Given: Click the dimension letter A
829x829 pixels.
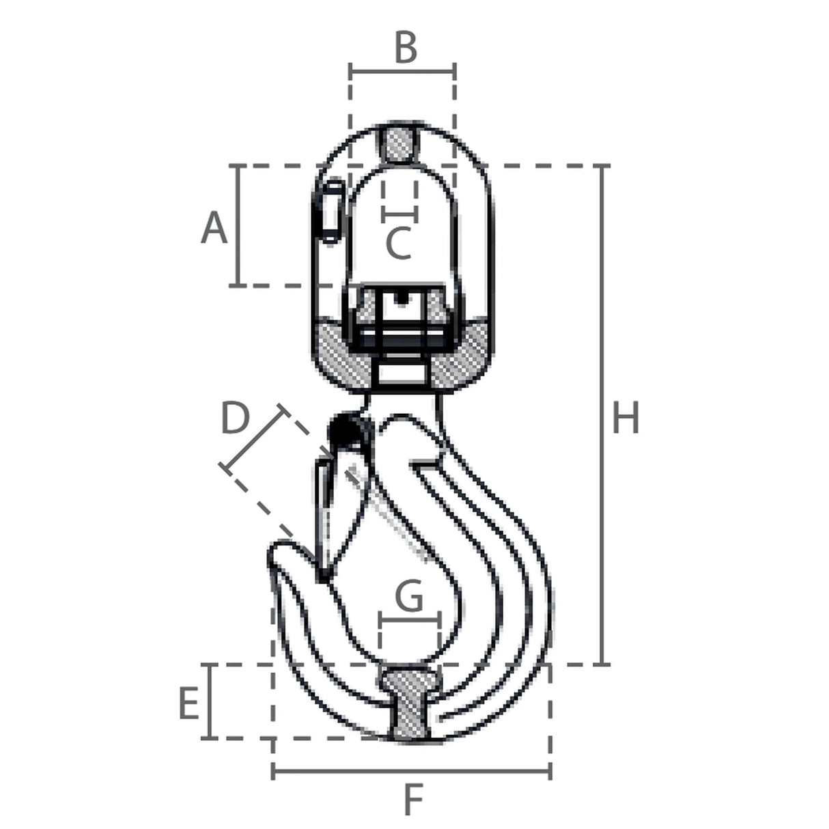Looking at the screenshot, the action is [x=214, y=228].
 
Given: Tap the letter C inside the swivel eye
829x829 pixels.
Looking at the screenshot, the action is [x=398, y=243].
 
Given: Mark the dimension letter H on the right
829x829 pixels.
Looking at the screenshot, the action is [x=626, y=417].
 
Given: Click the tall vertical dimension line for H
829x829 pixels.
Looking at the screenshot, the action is [x=604, y=415].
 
